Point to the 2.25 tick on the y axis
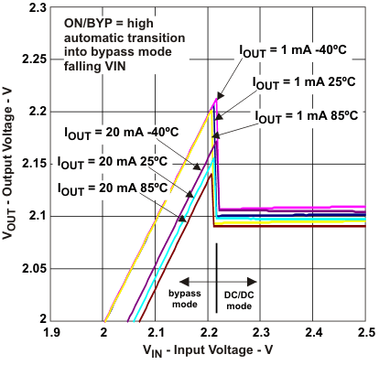tap(35, 59)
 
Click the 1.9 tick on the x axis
tap(52, 330)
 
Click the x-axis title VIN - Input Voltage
tap(209, 351)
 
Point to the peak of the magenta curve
tap(216, 97)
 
